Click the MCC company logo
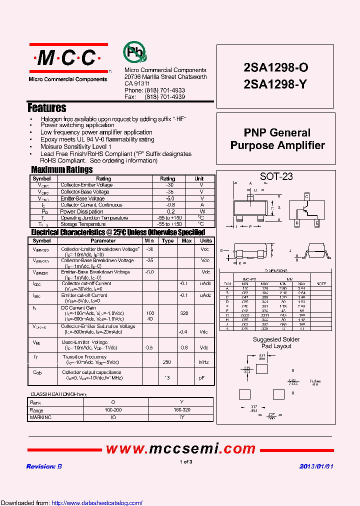67,59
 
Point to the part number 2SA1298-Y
275,84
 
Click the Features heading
47,108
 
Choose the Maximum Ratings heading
61,170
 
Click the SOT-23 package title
276,176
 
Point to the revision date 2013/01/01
316,466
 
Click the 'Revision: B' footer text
44,466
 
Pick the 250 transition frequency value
167,362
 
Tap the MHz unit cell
204,362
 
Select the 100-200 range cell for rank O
113,410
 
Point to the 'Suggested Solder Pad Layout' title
276,343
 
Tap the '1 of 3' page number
185,462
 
